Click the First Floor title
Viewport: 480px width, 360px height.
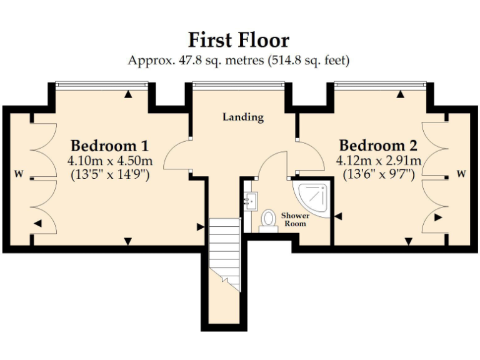click(239, 40)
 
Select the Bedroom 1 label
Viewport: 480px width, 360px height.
click(109, 146)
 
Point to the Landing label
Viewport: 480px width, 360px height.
click(243, 117)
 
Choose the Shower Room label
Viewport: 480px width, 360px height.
click(294, 219)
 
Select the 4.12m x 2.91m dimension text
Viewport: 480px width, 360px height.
click(379, 161)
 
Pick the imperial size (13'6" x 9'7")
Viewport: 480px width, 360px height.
click(379, 174)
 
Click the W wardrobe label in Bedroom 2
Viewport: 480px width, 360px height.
click(461, 174)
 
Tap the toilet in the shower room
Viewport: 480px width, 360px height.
click(269, 220)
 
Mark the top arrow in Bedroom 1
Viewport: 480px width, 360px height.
click(127, 94)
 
